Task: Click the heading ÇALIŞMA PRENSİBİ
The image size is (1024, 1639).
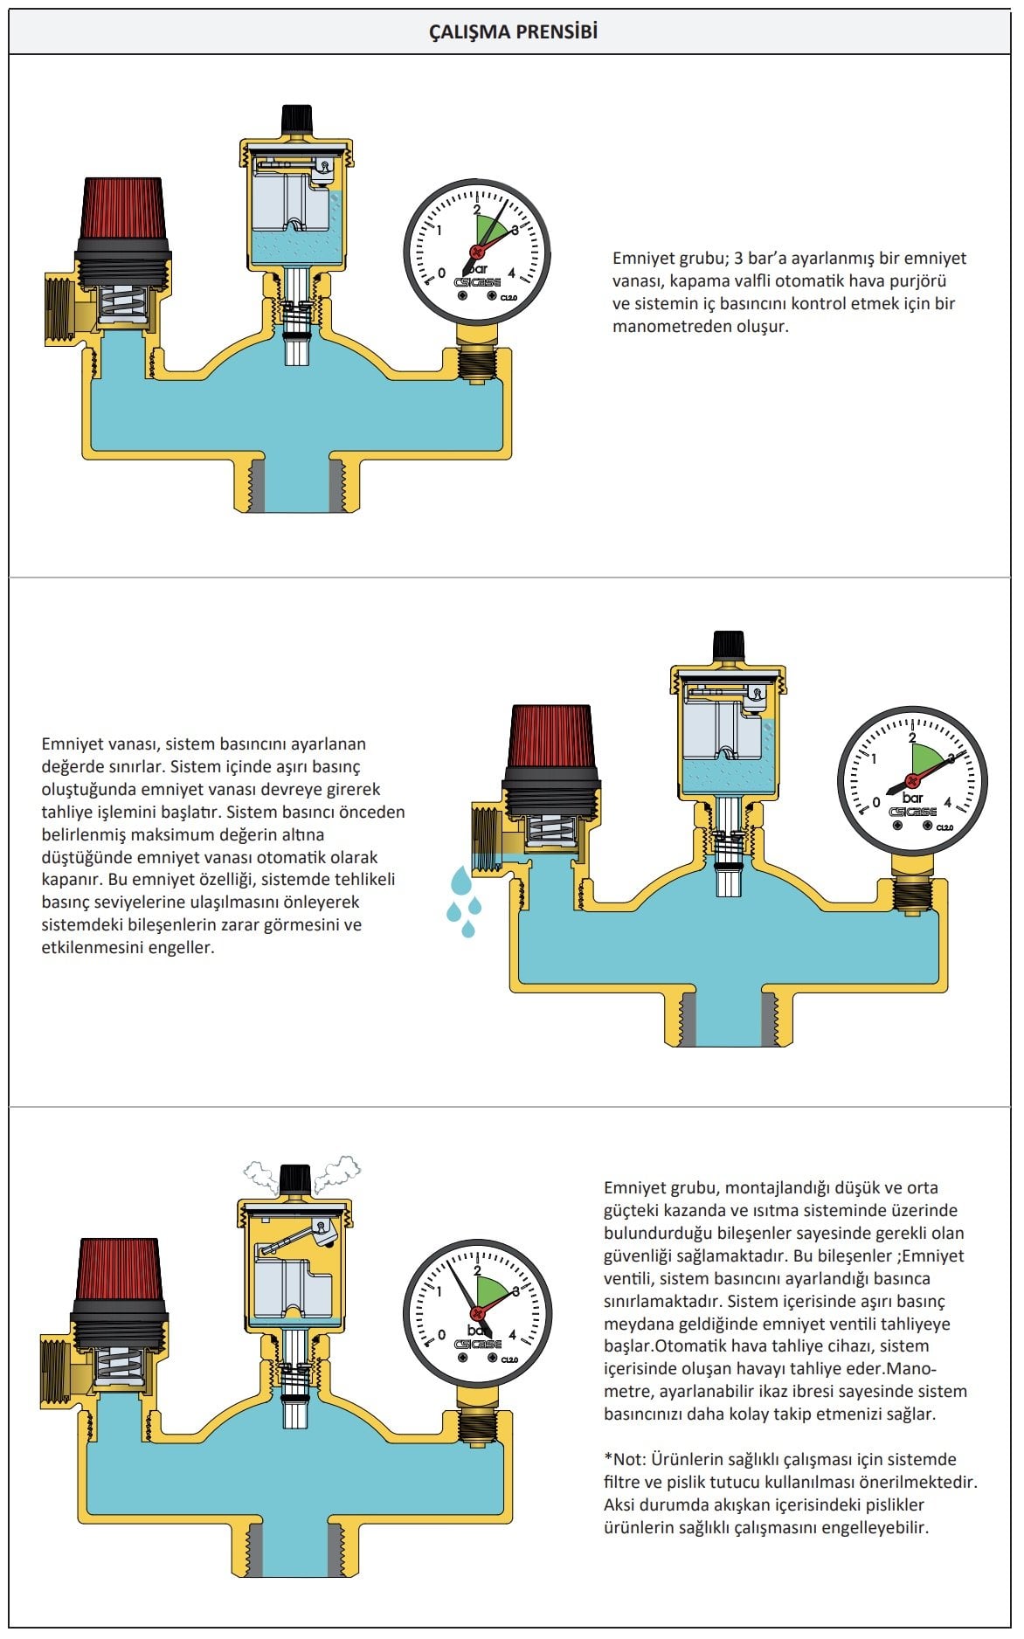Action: [x=512, y=32]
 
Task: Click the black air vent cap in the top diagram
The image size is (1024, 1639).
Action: [x=296, y=119]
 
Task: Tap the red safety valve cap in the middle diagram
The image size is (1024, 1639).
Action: [x=552, y=741]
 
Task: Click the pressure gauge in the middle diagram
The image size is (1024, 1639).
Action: [x=911, y=777]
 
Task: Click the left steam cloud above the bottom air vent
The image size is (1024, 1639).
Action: [x=259, y=1174]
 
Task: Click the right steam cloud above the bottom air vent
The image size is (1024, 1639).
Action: [x=338, y=1171]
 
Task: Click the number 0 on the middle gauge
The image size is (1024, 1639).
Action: [x=877, y=803]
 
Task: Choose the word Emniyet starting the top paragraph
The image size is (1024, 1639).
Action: [x=641, y=259]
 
